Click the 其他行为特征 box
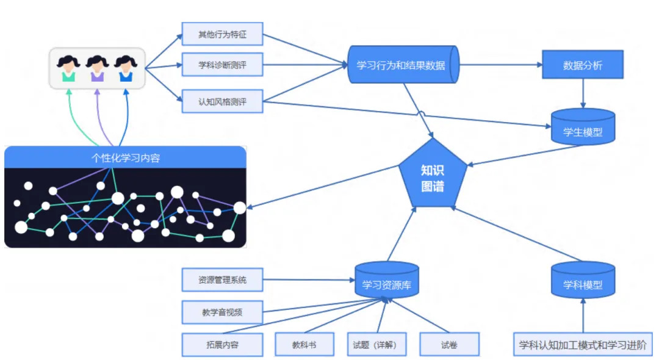point(222,34)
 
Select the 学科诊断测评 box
point(222,64)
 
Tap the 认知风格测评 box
point(222,101)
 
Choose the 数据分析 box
point(583,65)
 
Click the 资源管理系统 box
point(222,280)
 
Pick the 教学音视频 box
point(222,312)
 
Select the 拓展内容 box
point(222,345)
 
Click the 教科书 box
point(304,345)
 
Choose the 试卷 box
point(449,345)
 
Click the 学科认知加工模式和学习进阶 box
point(583,345)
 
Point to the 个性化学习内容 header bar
point(125,157)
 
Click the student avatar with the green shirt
point(68,68)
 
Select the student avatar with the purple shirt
point(97,68)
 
